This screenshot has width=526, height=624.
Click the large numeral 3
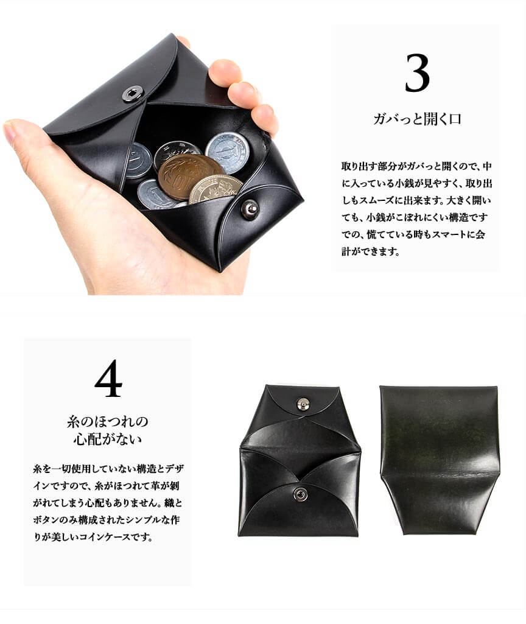pyautogui.click(x=417, y=73)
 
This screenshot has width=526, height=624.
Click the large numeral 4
pyautogui.click(x=108, y=379)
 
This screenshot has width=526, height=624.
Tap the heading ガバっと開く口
pyautogui.click(x=417, y=119)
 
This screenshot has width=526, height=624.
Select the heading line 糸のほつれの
pyautogui.click(x=107, y=421)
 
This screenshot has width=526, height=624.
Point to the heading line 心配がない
pyautogui.click(x=107, y=439)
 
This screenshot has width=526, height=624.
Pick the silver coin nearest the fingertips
pyautogui.click(x=228, y=152)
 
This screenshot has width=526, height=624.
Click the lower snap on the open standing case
pyautogui.click(x=300, y=495)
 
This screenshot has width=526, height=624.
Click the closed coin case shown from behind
pyautogui.click(x=440, y=460)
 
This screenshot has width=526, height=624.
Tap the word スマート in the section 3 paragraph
pyautogui.click(x=440, y=234)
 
